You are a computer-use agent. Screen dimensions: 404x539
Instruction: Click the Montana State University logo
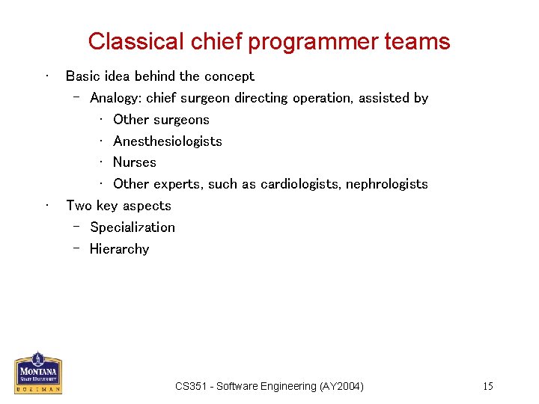(x=38, y=373)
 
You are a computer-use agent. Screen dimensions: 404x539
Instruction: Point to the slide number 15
(x=487, y=386)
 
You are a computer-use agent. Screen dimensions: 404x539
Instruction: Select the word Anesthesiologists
(x=167, y=141)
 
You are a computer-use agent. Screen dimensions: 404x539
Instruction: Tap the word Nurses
(x=134, y=162)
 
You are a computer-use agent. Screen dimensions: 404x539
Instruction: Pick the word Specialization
(x=132, y=227)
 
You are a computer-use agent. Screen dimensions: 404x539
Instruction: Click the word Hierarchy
(x=119, y=249)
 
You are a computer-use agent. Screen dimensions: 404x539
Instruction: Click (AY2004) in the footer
(x=341, y=386)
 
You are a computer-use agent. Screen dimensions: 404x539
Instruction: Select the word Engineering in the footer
(x=289, y=386)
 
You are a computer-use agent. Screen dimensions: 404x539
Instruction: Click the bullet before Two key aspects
(x=46, y=206)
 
